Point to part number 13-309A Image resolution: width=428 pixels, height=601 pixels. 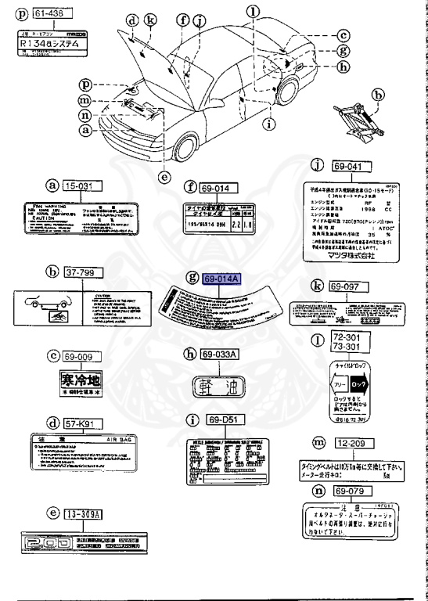(85, 513)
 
